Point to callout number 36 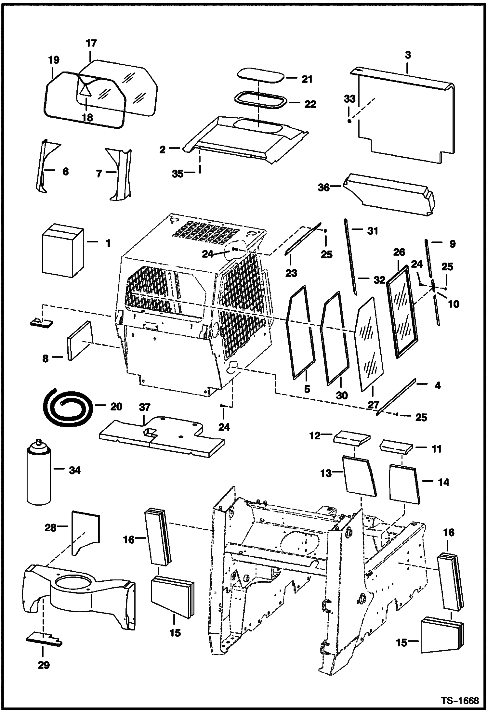point(324,188)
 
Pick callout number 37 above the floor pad point(145,408)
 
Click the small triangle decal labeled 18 point(85,89)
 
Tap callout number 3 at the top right point(408,55)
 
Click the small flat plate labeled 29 point(44,639)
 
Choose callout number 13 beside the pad point(325,473)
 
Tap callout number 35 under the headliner point(178,174)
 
